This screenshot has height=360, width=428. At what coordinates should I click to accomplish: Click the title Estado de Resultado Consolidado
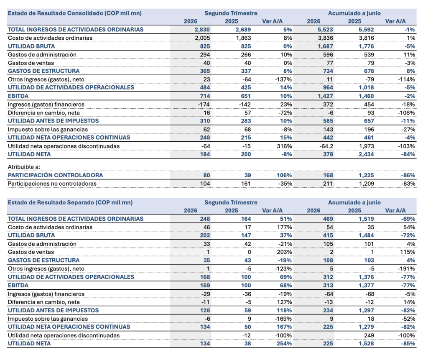(56, 13)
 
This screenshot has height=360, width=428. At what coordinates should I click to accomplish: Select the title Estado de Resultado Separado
(51, 202)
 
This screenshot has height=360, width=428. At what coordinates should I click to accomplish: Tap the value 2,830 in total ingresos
(202, 30)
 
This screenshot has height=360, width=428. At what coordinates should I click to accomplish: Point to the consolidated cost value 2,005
(202, 38)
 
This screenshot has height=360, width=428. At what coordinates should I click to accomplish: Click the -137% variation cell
(283, 79)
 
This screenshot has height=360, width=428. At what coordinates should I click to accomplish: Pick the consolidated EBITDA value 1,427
(325, 96)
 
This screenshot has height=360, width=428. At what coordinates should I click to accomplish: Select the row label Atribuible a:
(24, 167)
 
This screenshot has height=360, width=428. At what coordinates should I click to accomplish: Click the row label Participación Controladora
(56, 175)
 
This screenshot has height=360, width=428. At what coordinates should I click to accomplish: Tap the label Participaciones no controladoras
(52, 184)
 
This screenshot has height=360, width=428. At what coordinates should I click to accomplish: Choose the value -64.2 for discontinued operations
(326, 146)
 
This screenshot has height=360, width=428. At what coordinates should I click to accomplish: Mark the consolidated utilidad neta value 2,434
(366, 154)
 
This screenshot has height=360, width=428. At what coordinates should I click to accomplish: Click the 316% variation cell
(284, 146)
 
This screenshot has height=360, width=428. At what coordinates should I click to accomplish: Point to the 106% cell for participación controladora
(284, 175)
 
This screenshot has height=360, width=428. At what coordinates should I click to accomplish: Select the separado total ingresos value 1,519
(366, 219)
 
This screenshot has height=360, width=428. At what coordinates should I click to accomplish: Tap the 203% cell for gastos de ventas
(284, 252)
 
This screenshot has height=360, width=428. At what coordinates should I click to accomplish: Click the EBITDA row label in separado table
(18, 286)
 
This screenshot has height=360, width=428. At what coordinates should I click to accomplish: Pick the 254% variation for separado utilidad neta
(284, 344)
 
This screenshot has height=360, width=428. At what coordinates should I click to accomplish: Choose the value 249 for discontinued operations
(369, 335)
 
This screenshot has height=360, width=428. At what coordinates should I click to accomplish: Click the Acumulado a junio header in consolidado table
(354, 13)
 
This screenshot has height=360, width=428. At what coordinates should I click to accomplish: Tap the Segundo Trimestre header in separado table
(231, 202)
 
